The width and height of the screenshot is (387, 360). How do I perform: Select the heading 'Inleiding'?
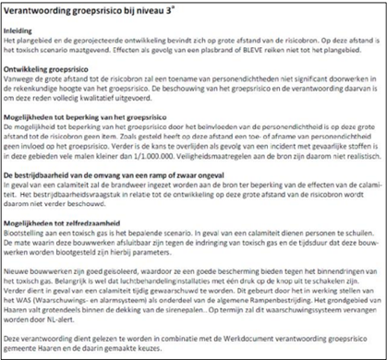24,30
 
